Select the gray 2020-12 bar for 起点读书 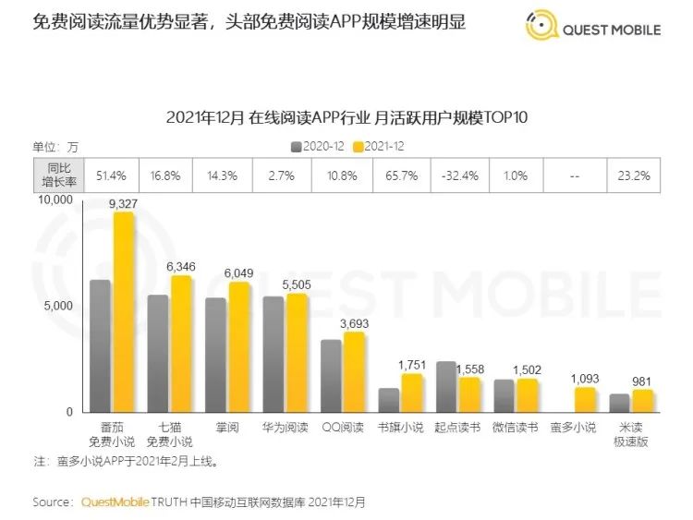[445, 387]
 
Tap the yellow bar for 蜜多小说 [585, 400]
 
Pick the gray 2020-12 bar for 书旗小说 [388, 400]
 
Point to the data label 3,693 [357, 323]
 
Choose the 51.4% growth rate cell [112, 174]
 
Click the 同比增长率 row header [57, 174]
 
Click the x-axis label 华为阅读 [285, 428]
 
